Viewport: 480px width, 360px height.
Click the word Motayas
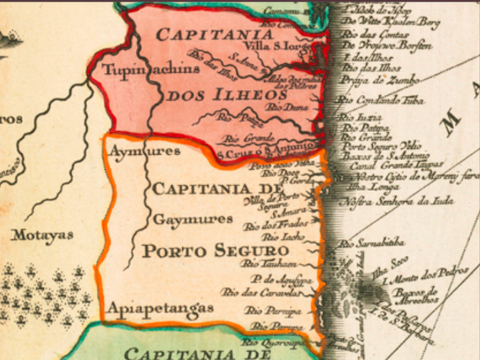pos(42,233)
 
